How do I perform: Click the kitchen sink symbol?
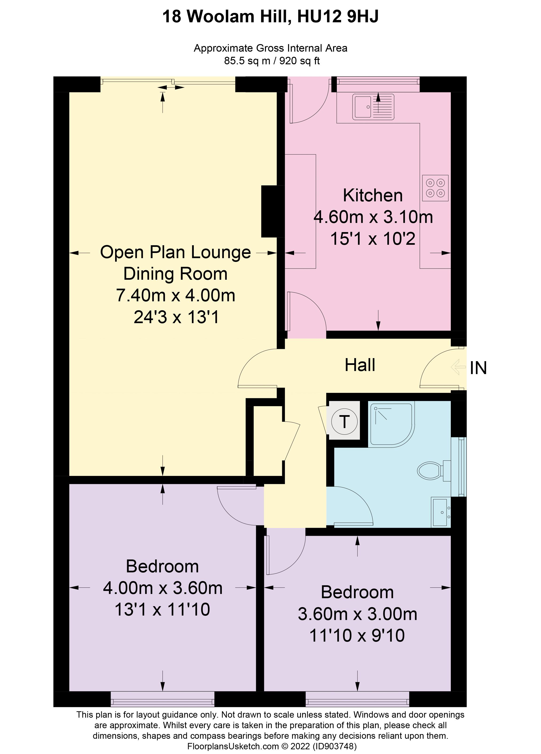tap(373, 107)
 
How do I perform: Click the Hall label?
tap(360, 365)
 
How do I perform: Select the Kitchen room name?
tap(373, 195)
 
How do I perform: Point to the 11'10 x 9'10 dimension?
tap(357, 635)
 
